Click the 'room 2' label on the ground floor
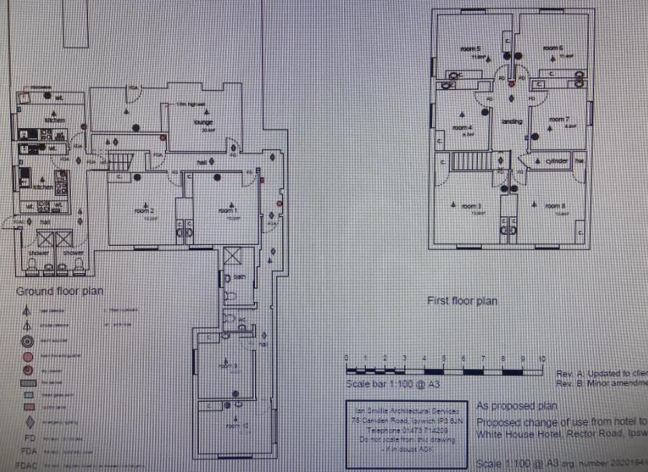pyautogui.click(x=142, y=211)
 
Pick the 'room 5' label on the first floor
pyautogui.click(x=469, y=49)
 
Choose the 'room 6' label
pyautogui.click(x=554, y=49)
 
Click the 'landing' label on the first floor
pyautogui.click(x=512, y=122)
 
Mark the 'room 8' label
pyautogui.click(x=555, y=206)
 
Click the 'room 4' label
pyautogui.click(x=465, y=127)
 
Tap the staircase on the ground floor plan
pyautogui.click(x=117, y=161)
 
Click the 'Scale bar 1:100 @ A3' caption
pyautogui.click(x=386, y=384)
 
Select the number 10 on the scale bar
pyautogui.click(x=542, y=358)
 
